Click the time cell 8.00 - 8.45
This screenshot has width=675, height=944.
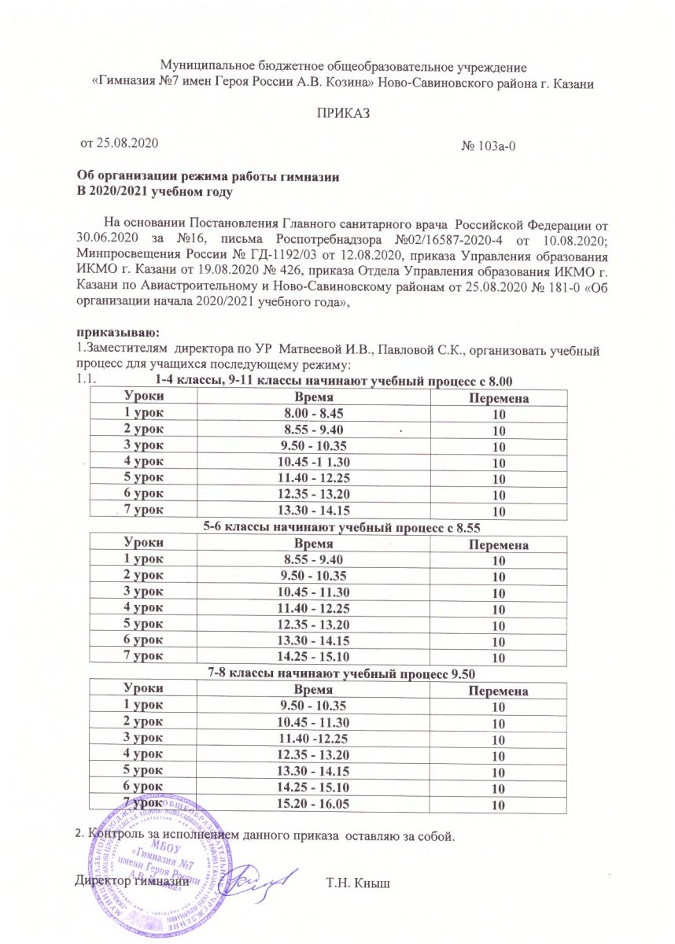coord(313,411)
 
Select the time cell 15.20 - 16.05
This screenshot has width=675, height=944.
coord(313,803)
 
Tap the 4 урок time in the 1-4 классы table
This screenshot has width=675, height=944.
coord(313,460)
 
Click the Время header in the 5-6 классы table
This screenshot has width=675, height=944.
coord(313,545)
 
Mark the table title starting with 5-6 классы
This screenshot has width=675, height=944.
coord(341,527)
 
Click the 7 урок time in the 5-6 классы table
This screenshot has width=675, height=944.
coord(313,656)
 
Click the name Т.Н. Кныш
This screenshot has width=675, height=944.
coord(358,882)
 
